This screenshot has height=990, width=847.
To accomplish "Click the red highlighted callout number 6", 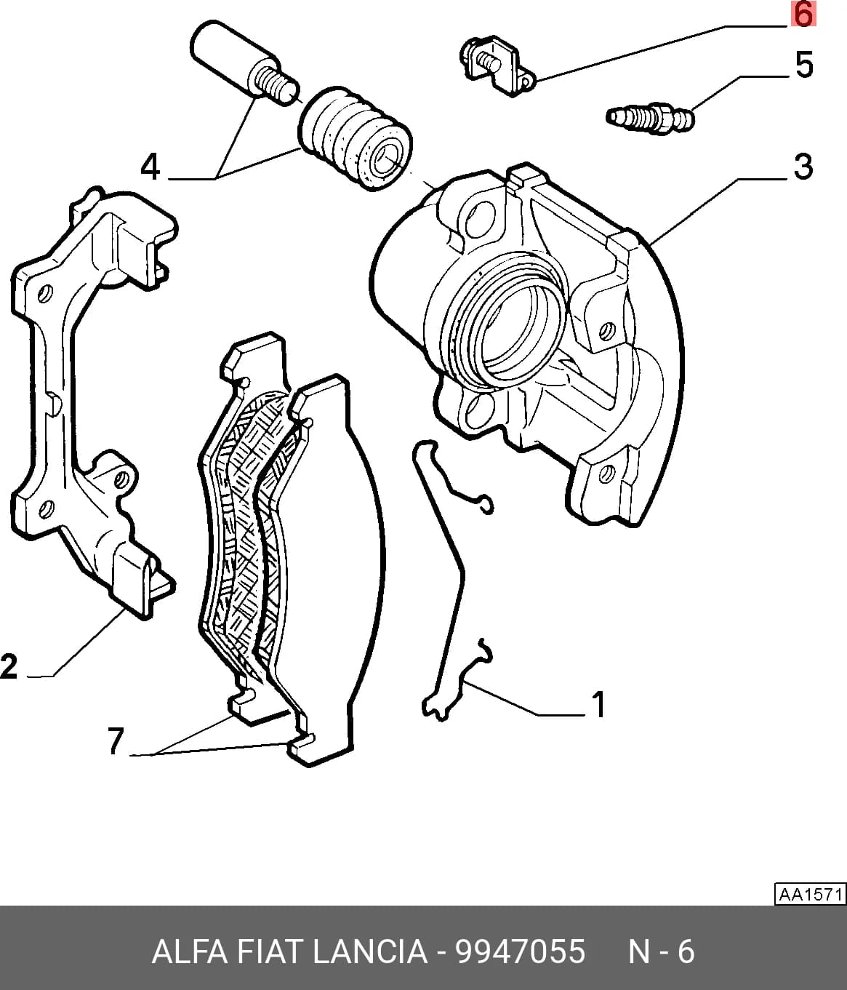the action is click(x=803, y=15).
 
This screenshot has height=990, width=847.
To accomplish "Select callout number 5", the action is click(x=804, y=65).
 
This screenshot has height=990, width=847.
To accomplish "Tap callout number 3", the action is click(x=803, y=167).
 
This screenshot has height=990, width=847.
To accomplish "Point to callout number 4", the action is click(x=150, y=168).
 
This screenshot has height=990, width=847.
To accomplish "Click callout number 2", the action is click(x=9, y=666).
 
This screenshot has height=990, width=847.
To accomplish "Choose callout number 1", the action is click(x=598, y=705).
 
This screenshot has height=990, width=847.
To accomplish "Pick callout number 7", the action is click(x=116, y=741).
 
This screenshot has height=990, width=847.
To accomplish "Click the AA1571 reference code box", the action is click(x=810, y=894).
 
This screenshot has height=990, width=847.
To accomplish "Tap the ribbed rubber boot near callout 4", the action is click(x=355, y=138).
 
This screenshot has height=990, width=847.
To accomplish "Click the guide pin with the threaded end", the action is click(x=244, y=63).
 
